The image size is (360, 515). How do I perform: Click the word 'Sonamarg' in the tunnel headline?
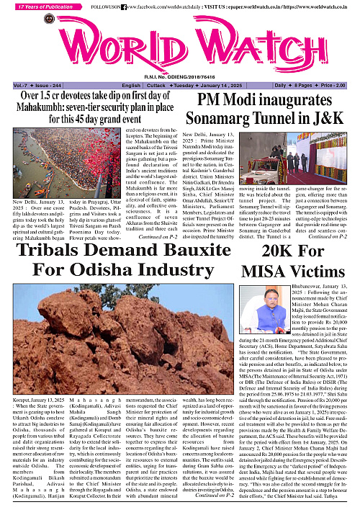pos(217,137)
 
